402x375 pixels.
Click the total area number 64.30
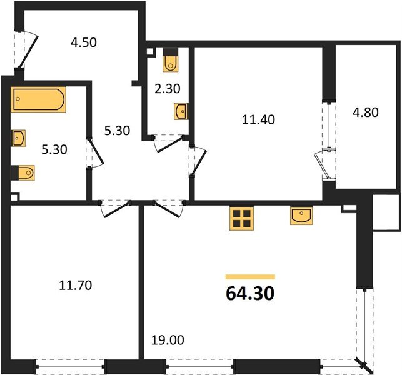[x=249, y=292]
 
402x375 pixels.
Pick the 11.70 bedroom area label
[x=75, y=286]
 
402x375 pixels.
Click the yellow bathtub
[x=38, y=100]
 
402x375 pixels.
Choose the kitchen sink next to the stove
[x=302, y=216]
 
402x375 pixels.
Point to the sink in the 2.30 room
[x=180, y=111]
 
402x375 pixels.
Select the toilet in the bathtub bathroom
[x=23, y=172]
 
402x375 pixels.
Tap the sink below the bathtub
[x=18, y=138]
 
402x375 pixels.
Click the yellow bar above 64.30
[x=250, y=276]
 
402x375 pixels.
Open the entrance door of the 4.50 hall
[x=28, y=49]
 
